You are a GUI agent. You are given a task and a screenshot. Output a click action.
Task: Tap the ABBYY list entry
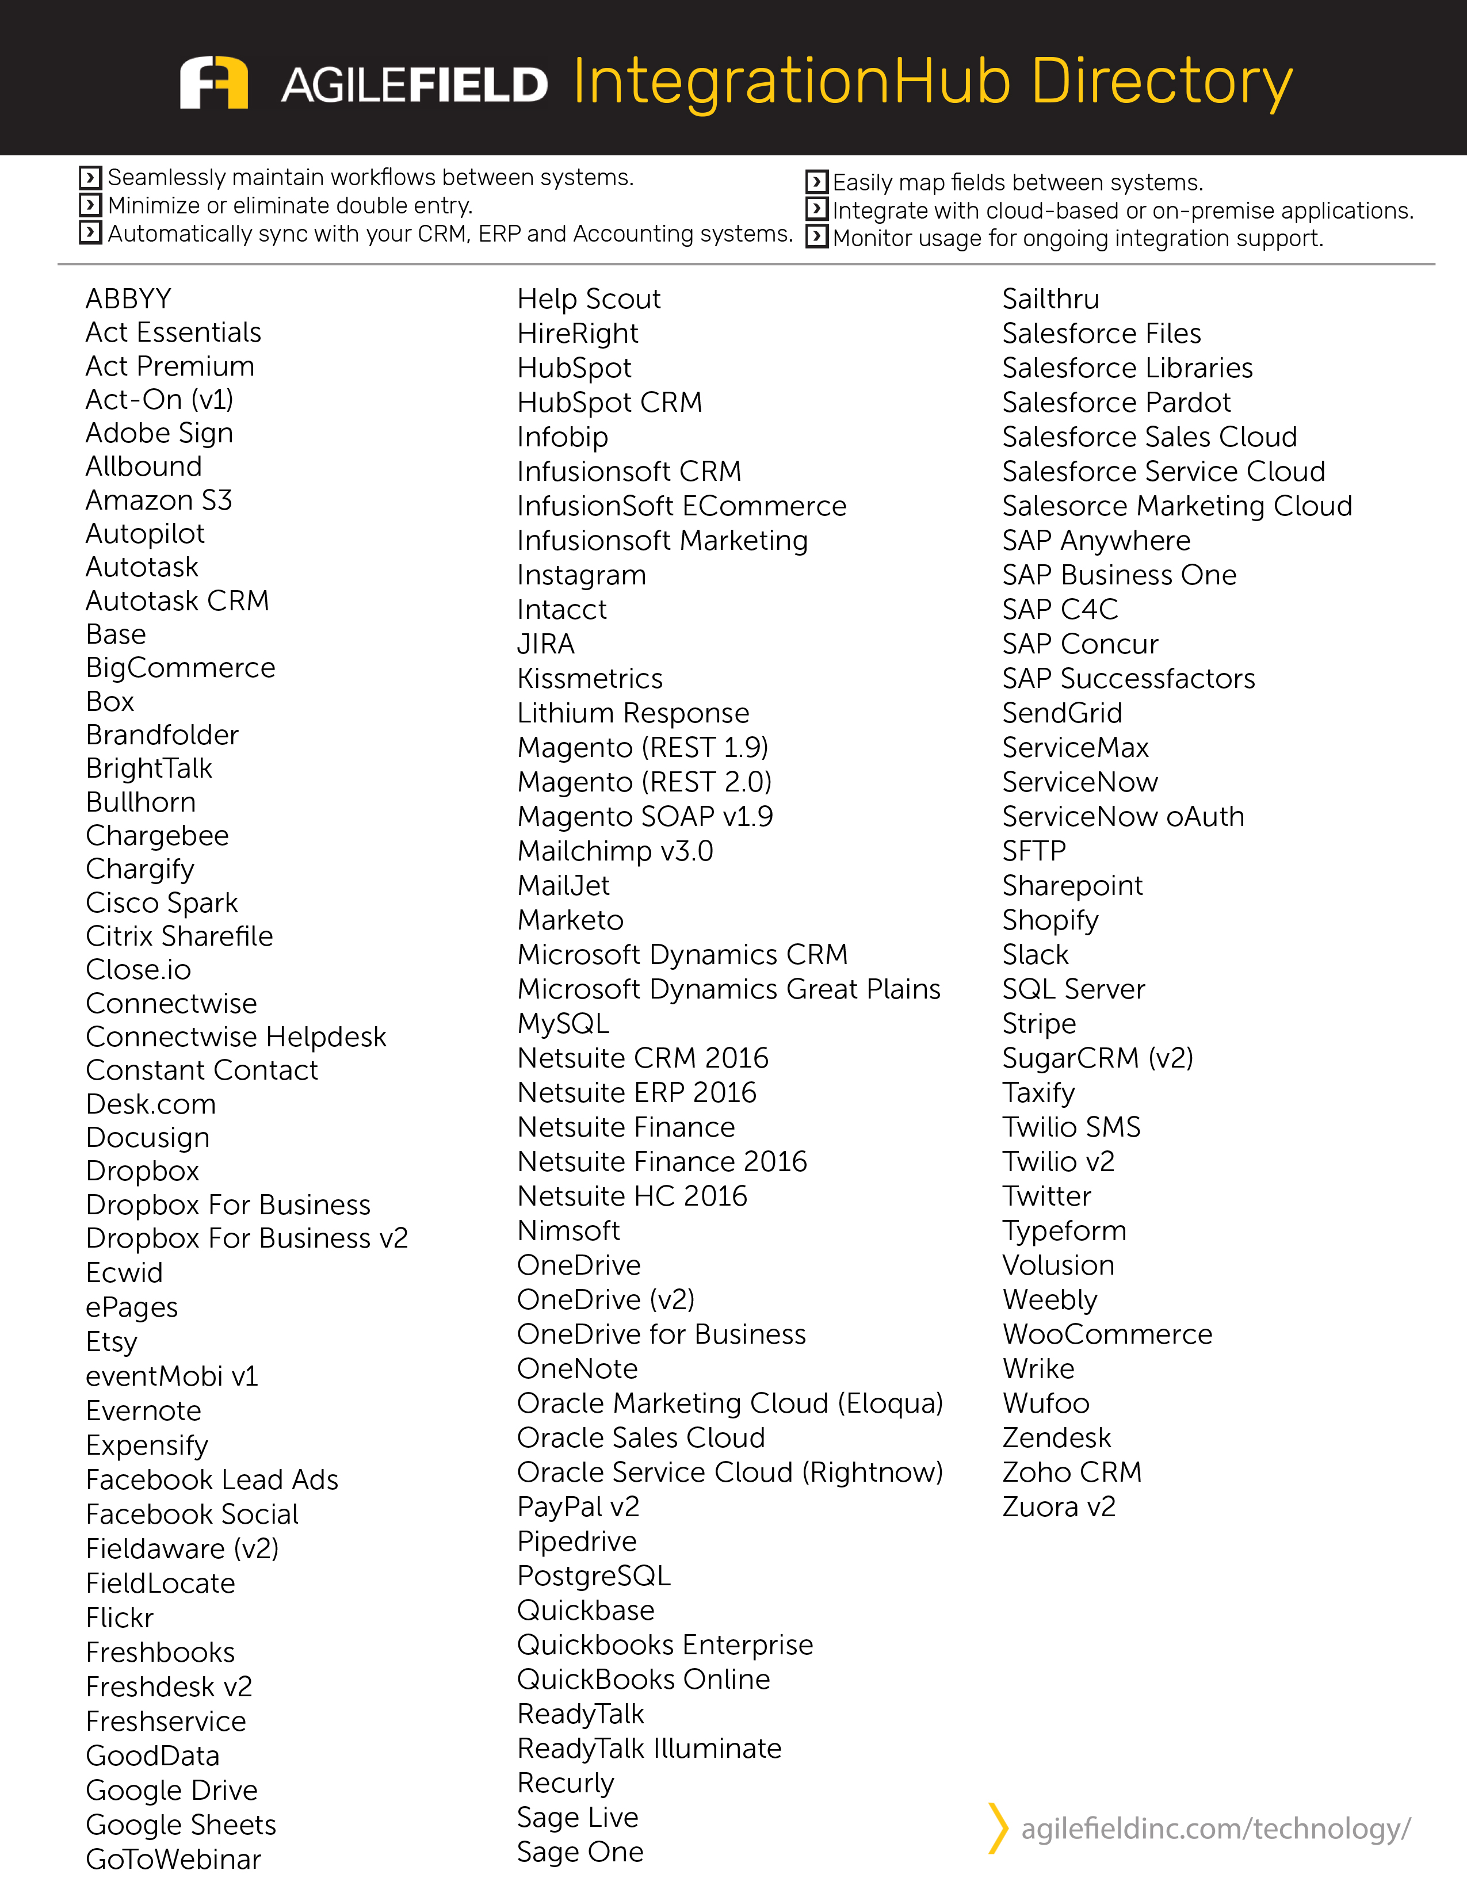tap(128, 299)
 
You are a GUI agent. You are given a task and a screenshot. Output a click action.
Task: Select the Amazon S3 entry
tap(159, 500)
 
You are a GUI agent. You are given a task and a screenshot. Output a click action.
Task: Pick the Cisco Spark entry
tap(162, 902)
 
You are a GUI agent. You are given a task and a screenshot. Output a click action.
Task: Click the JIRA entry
tap(545, 644)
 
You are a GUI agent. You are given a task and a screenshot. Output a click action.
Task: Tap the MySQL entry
tap(563, 1023)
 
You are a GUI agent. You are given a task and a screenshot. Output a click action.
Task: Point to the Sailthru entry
tap(1050, 299)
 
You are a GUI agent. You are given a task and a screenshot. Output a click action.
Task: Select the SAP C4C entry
tap(1060, 609)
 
